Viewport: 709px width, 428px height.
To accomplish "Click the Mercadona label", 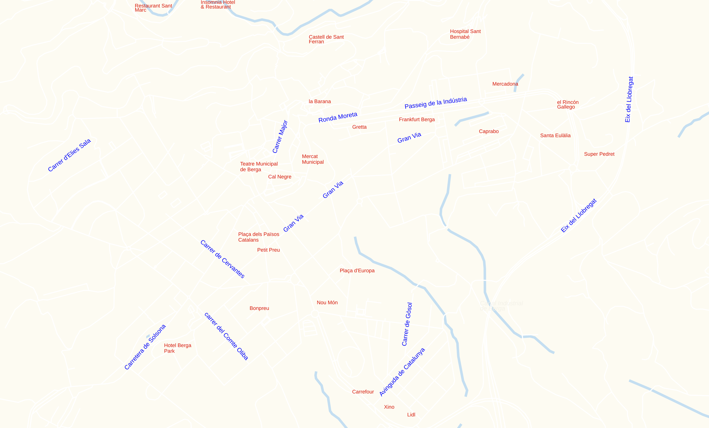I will (505, 84).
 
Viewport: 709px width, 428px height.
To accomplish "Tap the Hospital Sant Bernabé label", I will (465, 34).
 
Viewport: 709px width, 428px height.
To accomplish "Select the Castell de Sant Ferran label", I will (326, 39).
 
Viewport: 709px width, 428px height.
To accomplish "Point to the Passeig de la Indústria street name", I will (436, 103).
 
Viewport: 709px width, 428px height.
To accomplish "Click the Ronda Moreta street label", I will (337, 117).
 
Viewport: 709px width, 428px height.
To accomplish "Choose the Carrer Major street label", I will (280, 137).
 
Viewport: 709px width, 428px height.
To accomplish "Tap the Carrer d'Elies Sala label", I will (69, 155).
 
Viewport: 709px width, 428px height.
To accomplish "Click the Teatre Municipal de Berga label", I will (259, 167).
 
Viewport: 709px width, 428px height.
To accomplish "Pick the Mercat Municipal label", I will (312, 159).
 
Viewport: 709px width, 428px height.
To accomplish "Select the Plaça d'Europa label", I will (357, 271).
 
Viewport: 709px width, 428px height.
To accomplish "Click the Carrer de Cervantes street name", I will (222, 259).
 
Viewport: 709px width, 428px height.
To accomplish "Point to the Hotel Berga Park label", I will (177, 348).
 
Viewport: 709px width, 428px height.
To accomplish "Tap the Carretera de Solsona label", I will (145, 347).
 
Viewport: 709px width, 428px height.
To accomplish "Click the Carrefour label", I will (363, 392).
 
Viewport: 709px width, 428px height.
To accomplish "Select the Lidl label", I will (411, 415).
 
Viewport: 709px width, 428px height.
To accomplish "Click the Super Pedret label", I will (599, 154).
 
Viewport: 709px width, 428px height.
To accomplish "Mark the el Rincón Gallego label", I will (567, 104).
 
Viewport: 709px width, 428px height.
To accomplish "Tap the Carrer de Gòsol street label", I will (407, 324).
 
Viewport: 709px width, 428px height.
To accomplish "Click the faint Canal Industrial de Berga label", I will (501, 306).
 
